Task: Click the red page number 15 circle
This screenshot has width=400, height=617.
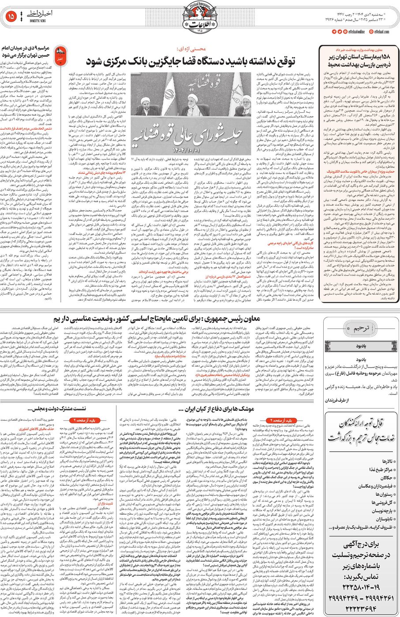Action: (x=11, y=17)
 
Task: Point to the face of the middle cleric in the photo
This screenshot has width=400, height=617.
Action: (x=193, y=99)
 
